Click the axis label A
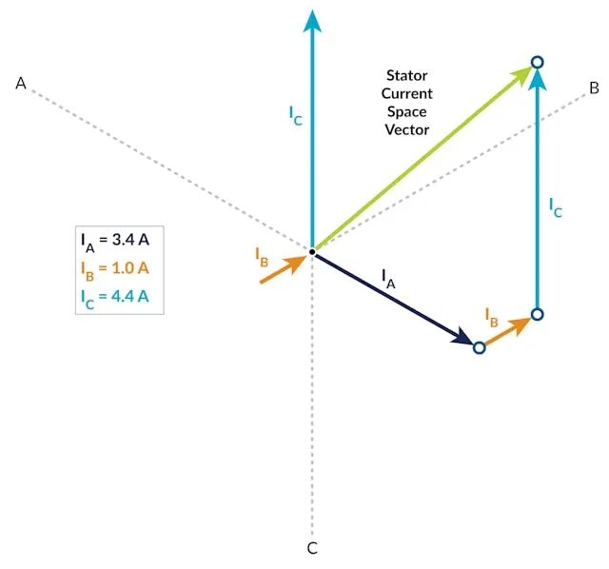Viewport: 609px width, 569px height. (x=21, y=83)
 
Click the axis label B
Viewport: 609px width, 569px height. (x=594, y=88)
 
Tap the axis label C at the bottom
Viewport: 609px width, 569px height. (x=312, y=548)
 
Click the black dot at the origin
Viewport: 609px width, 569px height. (x=312, y=252)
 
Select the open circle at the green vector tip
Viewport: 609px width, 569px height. (x=537, y=62)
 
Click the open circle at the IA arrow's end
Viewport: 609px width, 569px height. (x=480, y=347)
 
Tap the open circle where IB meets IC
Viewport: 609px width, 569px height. (x=537, y=314)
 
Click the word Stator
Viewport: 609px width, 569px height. (x=406, y=75)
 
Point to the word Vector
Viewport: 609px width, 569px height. (x=407, y=129)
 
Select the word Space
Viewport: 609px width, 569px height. (x=407, y=112)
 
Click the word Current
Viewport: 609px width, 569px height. (x=407, y=93)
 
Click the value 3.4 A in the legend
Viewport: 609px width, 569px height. (x=130, y=240)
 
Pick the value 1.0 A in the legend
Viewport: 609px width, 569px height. (x=130, y=268)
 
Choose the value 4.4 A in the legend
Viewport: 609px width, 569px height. (x=130, y=296)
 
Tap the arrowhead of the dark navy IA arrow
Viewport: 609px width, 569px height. (x=463, y=337)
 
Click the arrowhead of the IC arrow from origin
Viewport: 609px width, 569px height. (x=312, y=20)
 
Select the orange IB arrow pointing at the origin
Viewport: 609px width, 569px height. (x=284, y=269)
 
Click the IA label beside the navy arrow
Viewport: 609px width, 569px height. (x=388, y=279)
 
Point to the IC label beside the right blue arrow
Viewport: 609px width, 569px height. (x=556, y=207)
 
